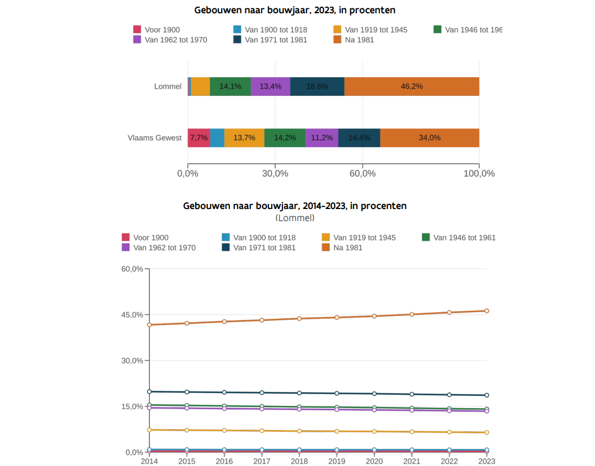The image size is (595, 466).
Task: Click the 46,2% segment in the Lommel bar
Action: [x=411, y=87]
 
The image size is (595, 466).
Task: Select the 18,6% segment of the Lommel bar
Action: [x=317, y=87]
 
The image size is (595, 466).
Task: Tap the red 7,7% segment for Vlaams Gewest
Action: [x=199, y=138]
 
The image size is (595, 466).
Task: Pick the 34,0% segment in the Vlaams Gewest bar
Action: [x=430, y=138]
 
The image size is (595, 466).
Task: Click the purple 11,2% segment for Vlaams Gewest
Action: [x=321, y=138]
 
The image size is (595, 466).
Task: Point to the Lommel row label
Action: [x=168, y=87]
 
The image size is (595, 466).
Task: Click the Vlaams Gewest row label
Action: [x=154, y=138]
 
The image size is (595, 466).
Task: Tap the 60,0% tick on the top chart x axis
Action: [x=362, y=174]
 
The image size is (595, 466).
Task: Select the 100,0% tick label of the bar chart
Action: [x=479, y=174]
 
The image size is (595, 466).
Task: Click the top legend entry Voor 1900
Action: [x=162, y=30]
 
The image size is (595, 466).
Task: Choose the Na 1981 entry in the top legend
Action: [x=359, y=40]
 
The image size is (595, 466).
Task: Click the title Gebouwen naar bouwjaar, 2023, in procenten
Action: [x=295, y=10]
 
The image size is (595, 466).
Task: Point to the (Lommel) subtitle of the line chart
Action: [x=295, y=218]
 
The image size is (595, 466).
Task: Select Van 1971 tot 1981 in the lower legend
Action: [x=264, y=248]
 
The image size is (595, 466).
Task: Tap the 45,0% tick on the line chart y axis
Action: [x=132, y=315]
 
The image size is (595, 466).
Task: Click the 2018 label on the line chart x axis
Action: [x=299, y=461]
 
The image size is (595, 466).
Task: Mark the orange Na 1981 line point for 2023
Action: [x=486, y=311]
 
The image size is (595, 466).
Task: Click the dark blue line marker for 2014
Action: [x=149, y=392]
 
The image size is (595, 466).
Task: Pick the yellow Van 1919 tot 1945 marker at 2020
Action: [x=374, y=431]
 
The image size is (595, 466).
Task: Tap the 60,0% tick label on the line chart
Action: [x=132, y=269]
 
